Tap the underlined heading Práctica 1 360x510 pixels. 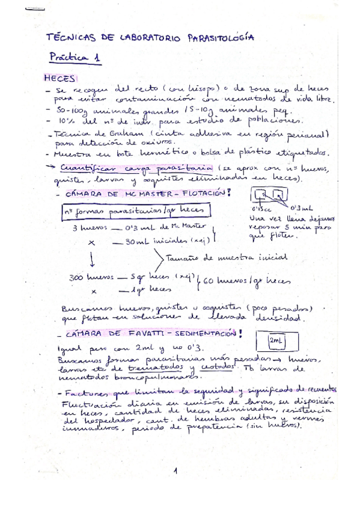pyautogui.click(x=76, y=58)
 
